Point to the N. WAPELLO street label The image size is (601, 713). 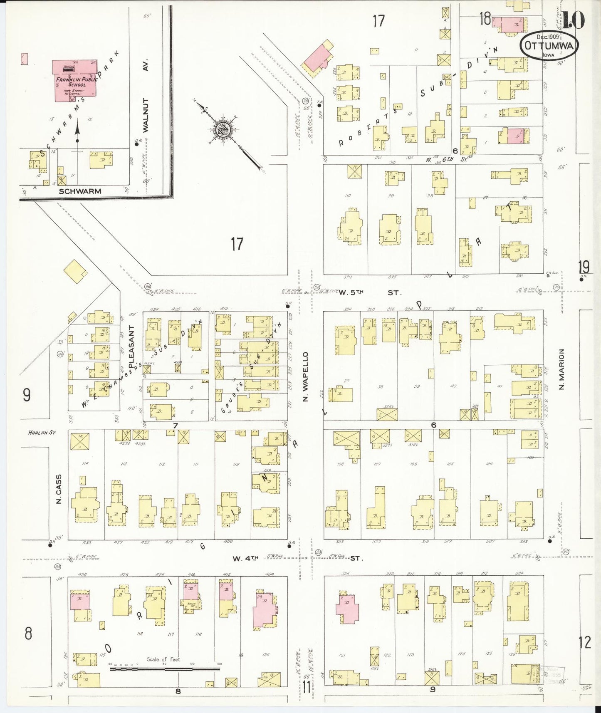[305, 377]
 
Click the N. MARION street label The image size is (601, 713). [561, 369]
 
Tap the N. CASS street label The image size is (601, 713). [59, 489]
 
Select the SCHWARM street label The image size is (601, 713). [80, 191]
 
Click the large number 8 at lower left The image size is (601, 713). [28, 634]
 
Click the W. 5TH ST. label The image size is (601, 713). [370, 293]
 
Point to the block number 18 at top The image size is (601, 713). [485, 20]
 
